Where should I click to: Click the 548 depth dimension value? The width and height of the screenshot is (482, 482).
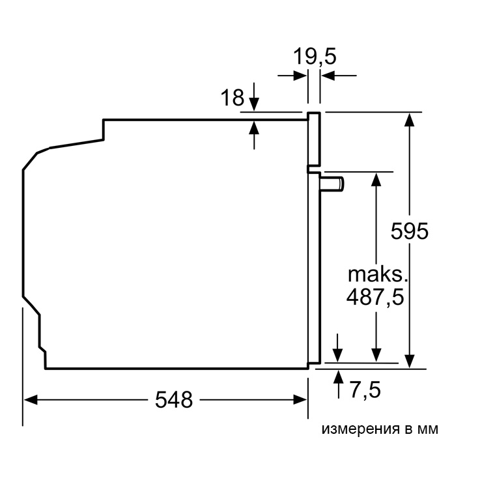174,399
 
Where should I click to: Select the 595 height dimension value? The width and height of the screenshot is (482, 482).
409,231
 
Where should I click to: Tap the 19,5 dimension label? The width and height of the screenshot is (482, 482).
315,56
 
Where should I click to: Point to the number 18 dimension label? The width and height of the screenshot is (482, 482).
232,98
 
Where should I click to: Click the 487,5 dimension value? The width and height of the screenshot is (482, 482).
375,297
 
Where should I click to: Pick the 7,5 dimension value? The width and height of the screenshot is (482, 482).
365,390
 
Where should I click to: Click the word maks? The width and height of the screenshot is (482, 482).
378,274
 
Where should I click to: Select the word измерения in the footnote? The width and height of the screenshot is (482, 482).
360,429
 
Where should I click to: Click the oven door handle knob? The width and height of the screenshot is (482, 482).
332,184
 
